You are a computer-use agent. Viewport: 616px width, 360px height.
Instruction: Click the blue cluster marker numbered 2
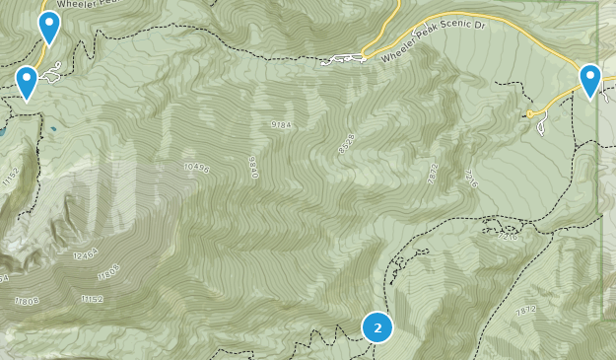click(377, 326)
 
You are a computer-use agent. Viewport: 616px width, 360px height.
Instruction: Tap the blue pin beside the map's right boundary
click(590, 80)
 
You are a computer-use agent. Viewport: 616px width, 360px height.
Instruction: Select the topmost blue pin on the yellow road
click(48, 28)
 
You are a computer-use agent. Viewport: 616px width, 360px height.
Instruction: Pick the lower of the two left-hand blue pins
click(27, 82)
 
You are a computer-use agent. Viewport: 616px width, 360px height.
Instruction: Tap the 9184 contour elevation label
click(281, 125)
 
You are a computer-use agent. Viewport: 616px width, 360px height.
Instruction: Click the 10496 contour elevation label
click(197, 169)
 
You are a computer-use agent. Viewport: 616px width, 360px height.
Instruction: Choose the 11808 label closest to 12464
click(110, 270)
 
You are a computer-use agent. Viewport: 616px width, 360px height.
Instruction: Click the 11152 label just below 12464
click(93, 299)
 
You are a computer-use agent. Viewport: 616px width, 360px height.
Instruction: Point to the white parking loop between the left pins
click(52, 72)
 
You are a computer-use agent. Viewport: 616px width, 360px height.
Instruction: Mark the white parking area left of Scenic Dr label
click(343, 60)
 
